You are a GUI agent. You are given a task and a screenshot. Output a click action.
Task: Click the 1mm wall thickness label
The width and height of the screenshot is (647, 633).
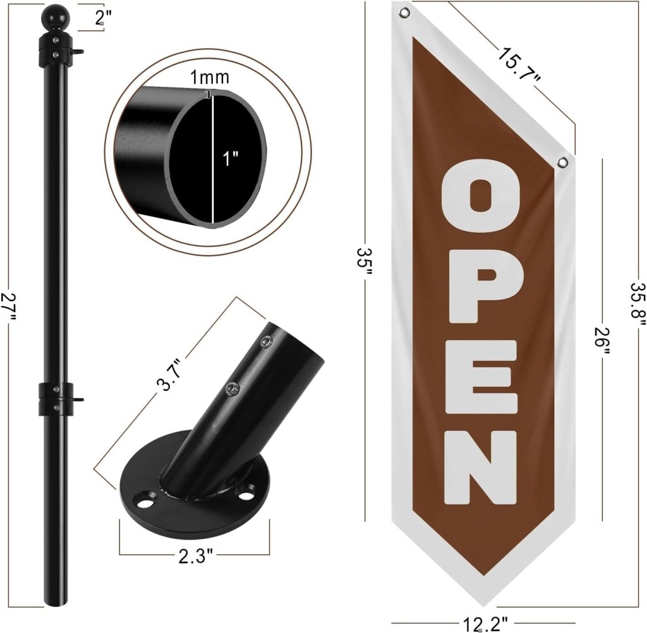pyautogui.click(x=209, y=77)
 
